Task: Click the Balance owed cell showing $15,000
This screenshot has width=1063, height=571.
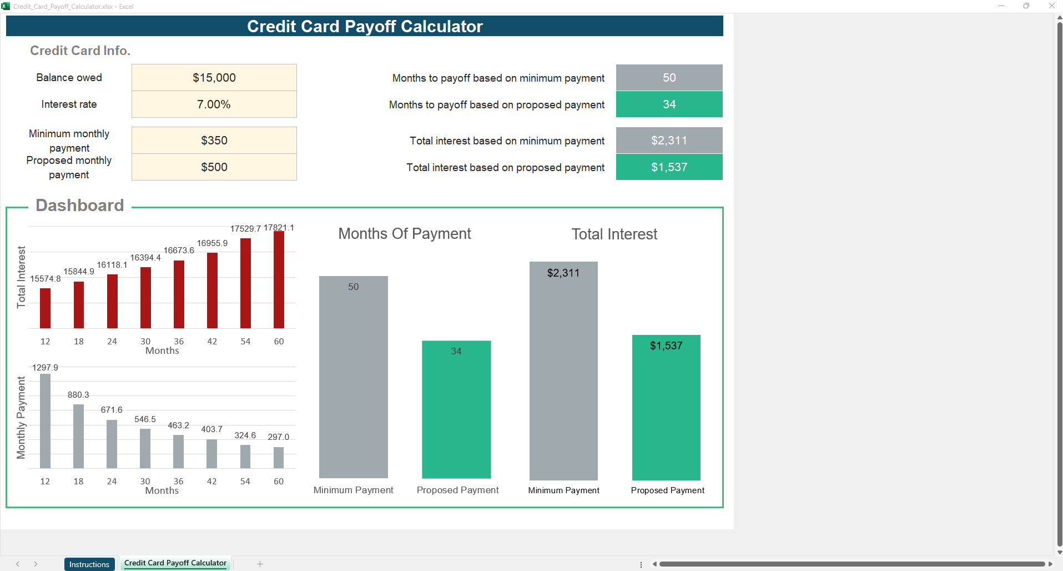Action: pyautogui.click(x=214, y=78)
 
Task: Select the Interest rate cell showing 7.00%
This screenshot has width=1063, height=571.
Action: pyautogui.click(x=214, y=104)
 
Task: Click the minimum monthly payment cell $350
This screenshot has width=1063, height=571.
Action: pyautogui.click(x=214, y=141)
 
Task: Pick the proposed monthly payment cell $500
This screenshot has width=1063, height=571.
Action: pyautogui.click(x=214, y=167)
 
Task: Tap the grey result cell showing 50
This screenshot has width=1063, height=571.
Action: pyautogui.click(x=669, y=78)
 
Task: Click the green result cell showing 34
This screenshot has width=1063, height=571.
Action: pyautogui.click(x=669, y=104)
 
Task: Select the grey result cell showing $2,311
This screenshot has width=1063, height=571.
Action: pyautogui.click(x=669, y=141)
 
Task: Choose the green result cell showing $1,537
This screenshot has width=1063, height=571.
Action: pyautogui.click(x=669, y=167)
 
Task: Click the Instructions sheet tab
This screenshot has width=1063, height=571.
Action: pyautogui.click(x=89, y=564)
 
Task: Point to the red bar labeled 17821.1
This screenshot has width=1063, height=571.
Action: pyautogui.click(x=279, y=281)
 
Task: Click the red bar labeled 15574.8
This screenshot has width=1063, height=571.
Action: pyautogui.click(x=46, y=308)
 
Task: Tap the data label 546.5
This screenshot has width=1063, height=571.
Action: pyautogui.click(x=145, y=419)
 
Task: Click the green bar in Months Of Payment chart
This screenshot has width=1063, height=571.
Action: pyautogui.click(x=456, y=411)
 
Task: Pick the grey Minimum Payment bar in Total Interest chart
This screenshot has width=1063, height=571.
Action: pyautogui.click(x=563, y=372)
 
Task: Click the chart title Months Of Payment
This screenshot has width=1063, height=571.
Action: pyautogui.click(x=405, y=234)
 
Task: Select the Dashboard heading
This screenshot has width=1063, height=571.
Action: pyautogui.click(x=80, y=206)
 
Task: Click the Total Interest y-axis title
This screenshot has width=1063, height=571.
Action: pyautogui.click(x=22, y=277)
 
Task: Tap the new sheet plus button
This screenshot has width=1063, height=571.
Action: pyautogui.click(x=260, y=564)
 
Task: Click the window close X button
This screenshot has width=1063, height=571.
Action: pyautogui.click(x=1051, y=6)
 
